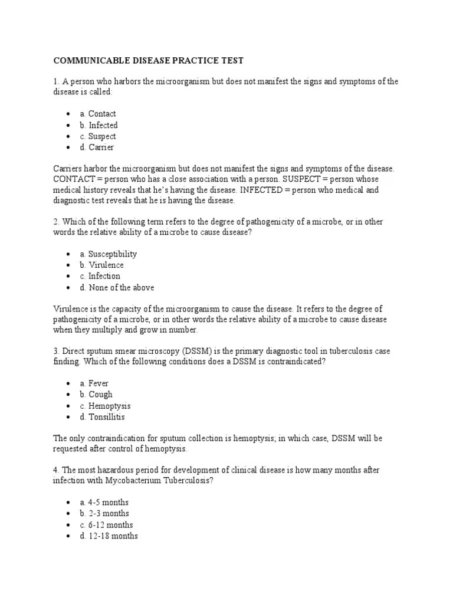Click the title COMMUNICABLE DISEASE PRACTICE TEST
coord(148,61)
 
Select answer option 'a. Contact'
coord(98,114)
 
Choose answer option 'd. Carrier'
coord(97,147)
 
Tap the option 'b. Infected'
coord(99,125)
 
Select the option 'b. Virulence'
coord(102,265)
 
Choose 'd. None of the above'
coord(117,288)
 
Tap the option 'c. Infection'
coord(100,276)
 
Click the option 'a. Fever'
coord(94,383)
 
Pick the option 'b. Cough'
coord(96,395)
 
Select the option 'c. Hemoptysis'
coord(106,406)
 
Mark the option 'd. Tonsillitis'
coord(103,417)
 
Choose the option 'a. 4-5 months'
coord(104,503)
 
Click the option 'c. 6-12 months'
coord(107,525)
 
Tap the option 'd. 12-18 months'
coord(109,536)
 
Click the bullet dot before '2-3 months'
coord(68,514)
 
